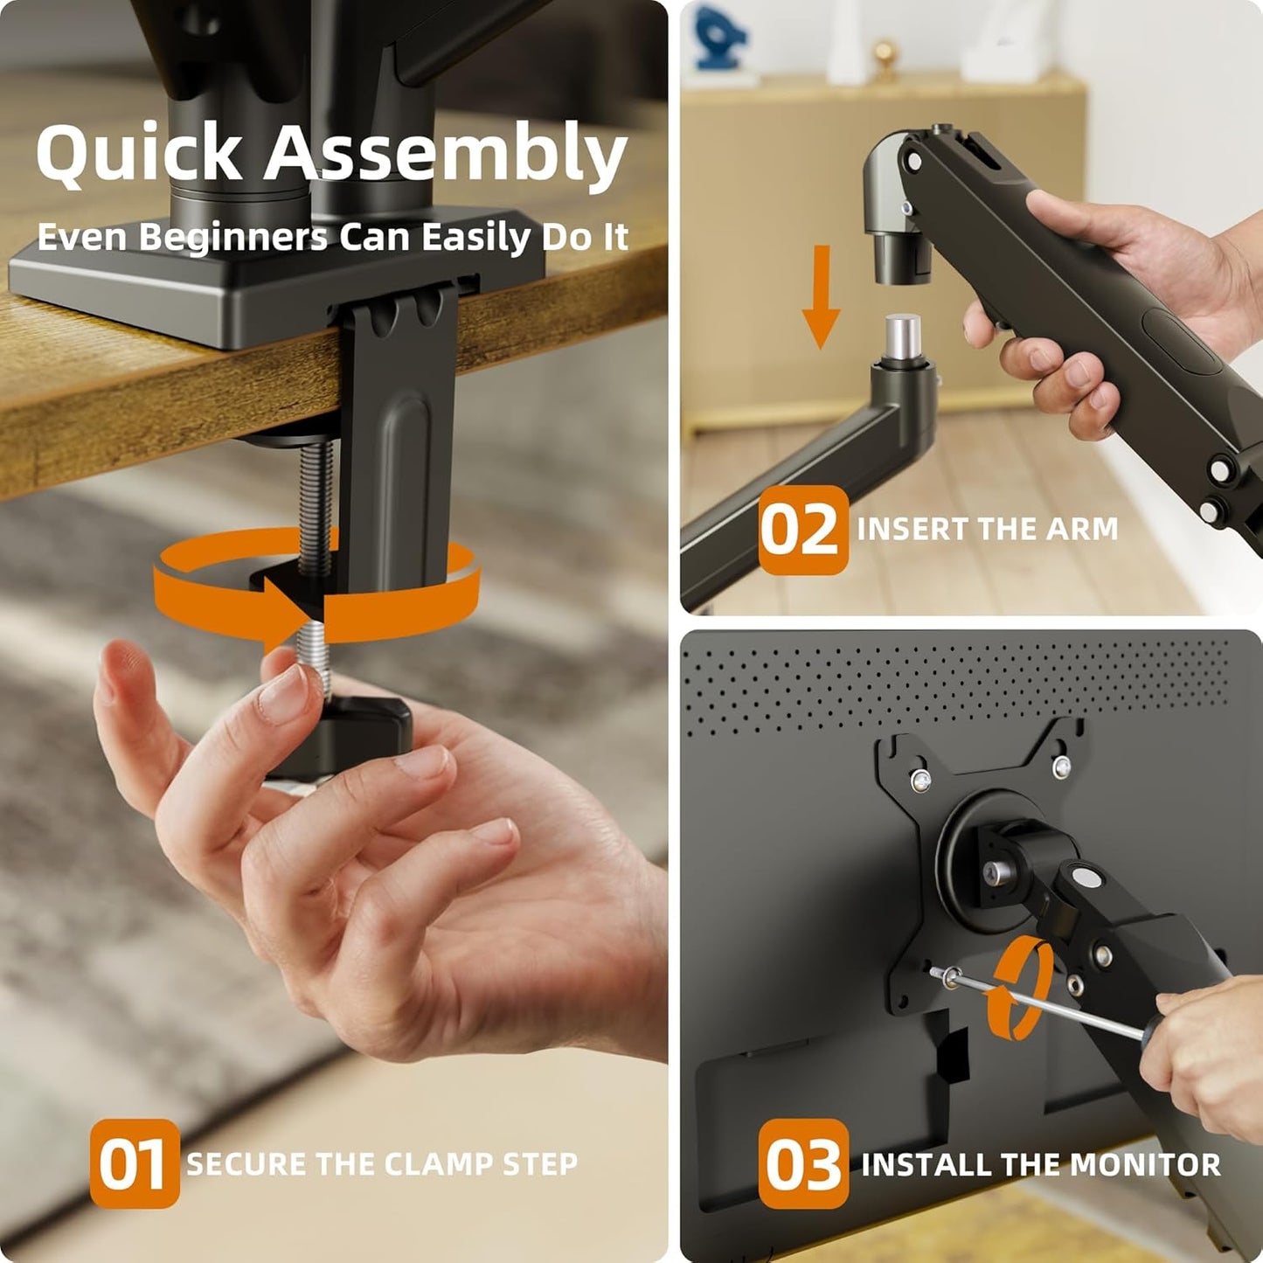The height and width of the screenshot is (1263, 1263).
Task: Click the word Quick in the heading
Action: click(138, 153)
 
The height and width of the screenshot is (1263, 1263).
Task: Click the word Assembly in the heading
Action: click(446, 153)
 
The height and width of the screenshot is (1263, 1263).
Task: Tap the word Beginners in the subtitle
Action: click(233, 237)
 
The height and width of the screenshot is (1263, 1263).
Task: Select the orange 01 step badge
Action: click(134, 1163)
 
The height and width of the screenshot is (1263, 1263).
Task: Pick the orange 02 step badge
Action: click(802, 530)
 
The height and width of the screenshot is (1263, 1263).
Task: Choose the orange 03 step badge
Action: click(802, 1163)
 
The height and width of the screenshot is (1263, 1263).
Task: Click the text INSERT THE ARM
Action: click(987, 529)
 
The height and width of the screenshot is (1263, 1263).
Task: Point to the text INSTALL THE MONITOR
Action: click(1040, 1164)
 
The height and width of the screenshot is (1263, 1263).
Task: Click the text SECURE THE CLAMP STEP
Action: click(382, 1163)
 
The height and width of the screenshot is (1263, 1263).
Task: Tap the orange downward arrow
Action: click(821, 297)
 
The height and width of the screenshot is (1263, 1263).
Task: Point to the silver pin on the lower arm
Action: click(903, 334)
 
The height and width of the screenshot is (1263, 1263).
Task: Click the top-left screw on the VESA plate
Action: click(919, 780)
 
